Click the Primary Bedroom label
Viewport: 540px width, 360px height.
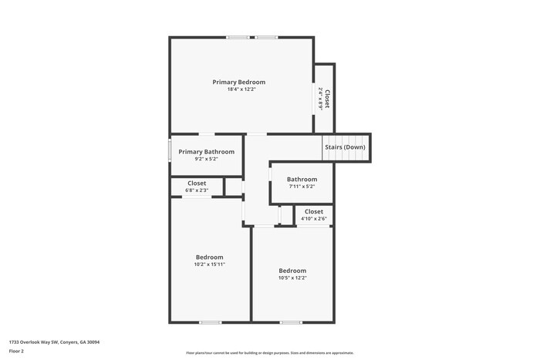(239, 82)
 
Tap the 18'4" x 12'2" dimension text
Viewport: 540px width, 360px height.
(241, 89)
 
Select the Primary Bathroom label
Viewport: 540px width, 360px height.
(206, 152)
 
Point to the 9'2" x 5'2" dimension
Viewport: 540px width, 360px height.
(206, 160)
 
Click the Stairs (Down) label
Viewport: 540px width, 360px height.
(345, 146)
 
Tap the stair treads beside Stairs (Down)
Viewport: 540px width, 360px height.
(329, 149)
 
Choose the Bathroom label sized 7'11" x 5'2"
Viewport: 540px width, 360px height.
(302, 180)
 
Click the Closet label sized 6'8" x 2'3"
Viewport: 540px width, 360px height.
(197, 183)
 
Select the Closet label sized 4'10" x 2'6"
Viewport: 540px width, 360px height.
(314, 211)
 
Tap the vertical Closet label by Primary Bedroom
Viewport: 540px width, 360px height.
(327, 98)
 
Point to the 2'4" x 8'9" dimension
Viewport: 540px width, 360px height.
(320, 99)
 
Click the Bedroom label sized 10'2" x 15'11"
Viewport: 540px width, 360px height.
(209, 257)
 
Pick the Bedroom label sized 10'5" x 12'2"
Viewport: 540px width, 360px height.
(292, 271)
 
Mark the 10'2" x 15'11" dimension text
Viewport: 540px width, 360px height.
(209, 264)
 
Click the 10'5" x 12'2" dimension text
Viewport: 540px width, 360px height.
(292, 278)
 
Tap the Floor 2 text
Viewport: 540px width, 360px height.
(16, 351)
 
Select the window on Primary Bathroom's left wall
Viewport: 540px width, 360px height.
(170, 150)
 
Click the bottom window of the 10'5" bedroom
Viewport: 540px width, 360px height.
(291, 322)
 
